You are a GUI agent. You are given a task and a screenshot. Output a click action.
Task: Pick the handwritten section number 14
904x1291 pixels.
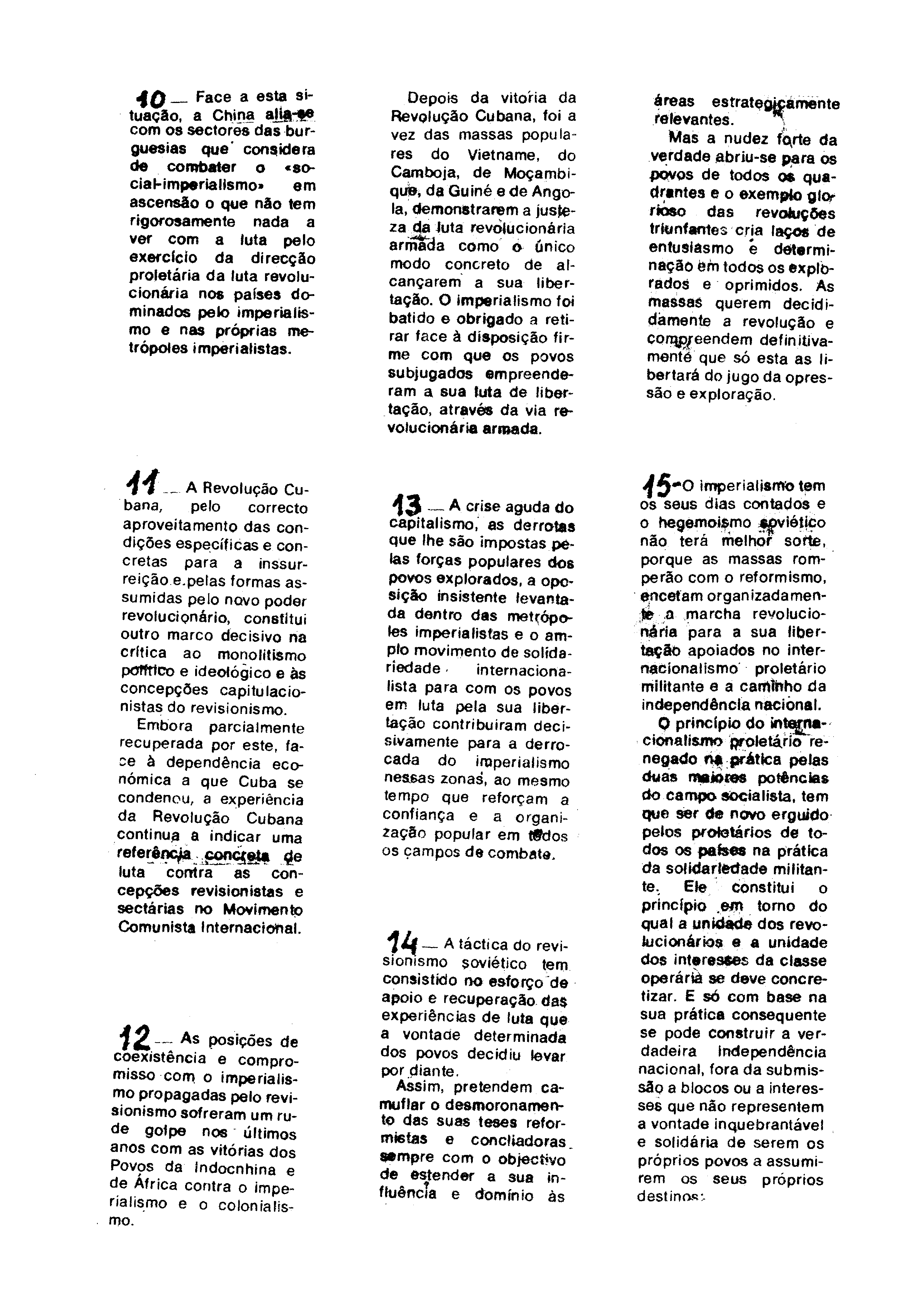[403, 942]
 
